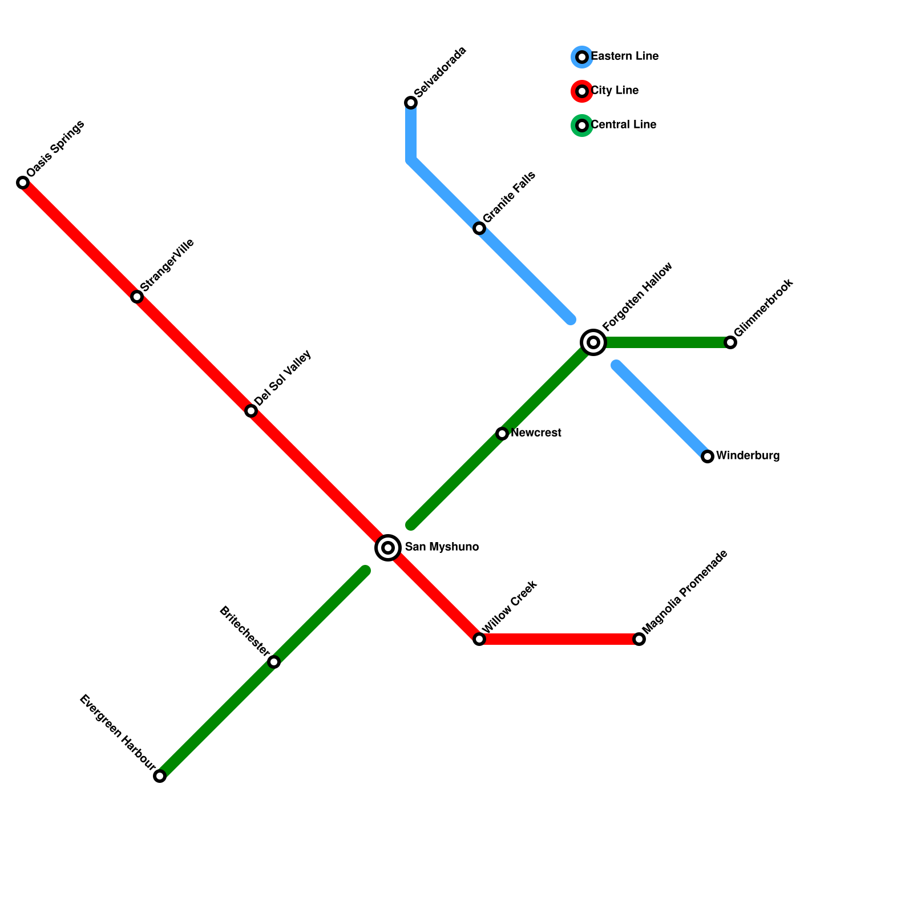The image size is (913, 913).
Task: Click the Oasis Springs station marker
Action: coord(23,183)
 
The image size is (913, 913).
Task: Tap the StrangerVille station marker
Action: coord(137,297)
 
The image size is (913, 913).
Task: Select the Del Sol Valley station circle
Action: coord(251,411)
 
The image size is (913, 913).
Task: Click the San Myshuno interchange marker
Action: coord(388,548)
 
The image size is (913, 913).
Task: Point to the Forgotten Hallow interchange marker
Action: coord(593,342)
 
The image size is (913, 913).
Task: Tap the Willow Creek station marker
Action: coord(479,639)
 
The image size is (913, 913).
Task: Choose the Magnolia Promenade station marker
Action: coord(639,639)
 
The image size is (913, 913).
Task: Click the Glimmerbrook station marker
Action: coord(730,342)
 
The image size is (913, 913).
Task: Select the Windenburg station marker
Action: coord(708,457)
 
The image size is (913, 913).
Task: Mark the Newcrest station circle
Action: coord(502,434)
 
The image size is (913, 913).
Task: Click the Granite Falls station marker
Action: coord(479,228)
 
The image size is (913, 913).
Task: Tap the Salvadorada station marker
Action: coord(411,103)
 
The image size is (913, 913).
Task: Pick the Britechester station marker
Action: coord(274,662)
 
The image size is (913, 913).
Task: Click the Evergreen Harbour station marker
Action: coord(160,776)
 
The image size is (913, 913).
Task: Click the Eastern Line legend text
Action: coord(624,56)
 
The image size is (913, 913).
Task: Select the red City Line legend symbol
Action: coord(582,91)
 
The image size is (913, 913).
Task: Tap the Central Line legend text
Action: coord(623,125)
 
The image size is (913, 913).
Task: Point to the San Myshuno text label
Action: coord(442,547)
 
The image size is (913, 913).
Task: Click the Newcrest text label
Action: coord(536,433)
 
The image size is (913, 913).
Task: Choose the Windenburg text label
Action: coord(748,456)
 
